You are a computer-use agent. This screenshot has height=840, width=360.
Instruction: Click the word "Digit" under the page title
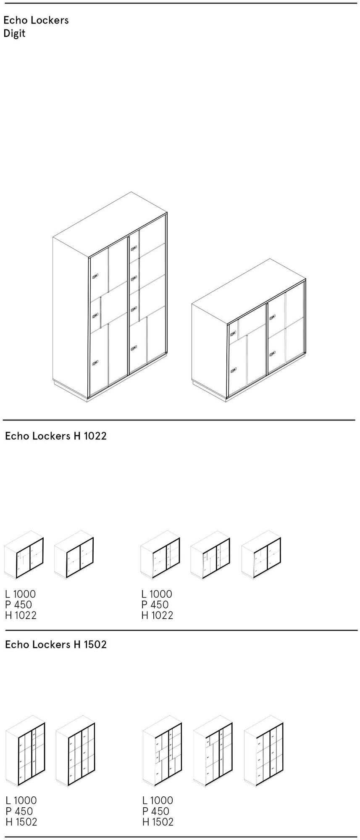tap(14, 34)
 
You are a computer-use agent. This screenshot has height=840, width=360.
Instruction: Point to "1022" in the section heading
tap(95, 436)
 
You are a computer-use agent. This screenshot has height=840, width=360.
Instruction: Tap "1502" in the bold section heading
tap(95, 644)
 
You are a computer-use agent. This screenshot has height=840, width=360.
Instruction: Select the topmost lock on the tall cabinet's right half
tap(134, 249)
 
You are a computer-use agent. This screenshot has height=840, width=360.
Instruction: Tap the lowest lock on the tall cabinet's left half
tap(95, 362)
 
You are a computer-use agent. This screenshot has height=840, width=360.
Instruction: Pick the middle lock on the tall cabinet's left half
tap(95, 315)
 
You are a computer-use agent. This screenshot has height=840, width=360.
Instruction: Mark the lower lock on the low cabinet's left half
tap(233, 370)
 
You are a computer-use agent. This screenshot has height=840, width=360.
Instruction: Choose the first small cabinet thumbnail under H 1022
tap(24, 554)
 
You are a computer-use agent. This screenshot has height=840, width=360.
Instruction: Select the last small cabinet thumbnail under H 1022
tap(261, 554)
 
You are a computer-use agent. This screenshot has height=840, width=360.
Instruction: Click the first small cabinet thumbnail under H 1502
tap(26, 751)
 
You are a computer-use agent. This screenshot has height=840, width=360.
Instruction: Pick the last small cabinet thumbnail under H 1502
tap(264, 751)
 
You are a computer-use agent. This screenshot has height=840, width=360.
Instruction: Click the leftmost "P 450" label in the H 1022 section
tap(18, 604)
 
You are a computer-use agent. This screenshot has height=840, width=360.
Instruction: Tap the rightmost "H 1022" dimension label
tap(157, 615)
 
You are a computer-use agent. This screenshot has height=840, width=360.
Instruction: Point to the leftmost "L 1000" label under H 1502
tap(21, 800)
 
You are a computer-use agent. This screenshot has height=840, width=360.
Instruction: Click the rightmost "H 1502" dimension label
tap(158, 822)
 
